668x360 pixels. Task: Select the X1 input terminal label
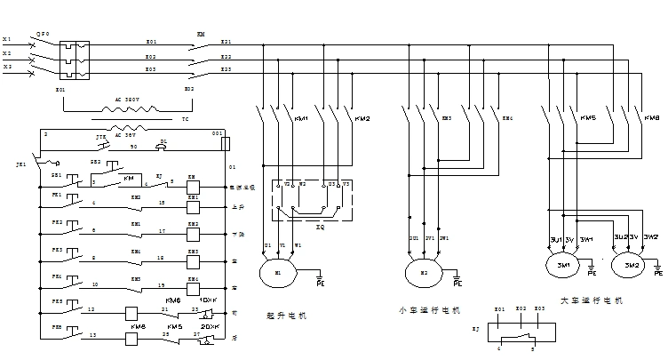click(7, 40)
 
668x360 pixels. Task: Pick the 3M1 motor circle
click(563, 265)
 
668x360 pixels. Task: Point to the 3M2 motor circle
click(632, 265)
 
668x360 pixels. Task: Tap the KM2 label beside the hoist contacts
click(362, 118)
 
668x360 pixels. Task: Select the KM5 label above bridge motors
click(588, 117)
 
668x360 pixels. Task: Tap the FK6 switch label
click(56, 328)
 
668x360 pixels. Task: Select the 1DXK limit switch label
click(210, 300)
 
